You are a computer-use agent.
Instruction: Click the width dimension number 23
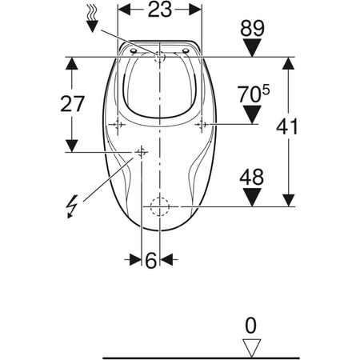(x=160, y=10)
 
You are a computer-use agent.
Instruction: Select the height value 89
(x=252, y=28)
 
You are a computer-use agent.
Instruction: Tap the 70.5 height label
(x=254, y=94)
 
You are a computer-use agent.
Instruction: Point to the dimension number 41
(x=287, y=127)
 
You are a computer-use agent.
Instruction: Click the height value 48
(x=251, y=178)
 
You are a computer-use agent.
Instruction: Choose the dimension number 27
(x=72, y=104)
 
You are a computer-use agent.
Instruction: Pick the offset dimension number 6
(x=151, y=260)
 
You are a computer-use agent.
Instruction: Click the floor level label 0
(x=250, y=326)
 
